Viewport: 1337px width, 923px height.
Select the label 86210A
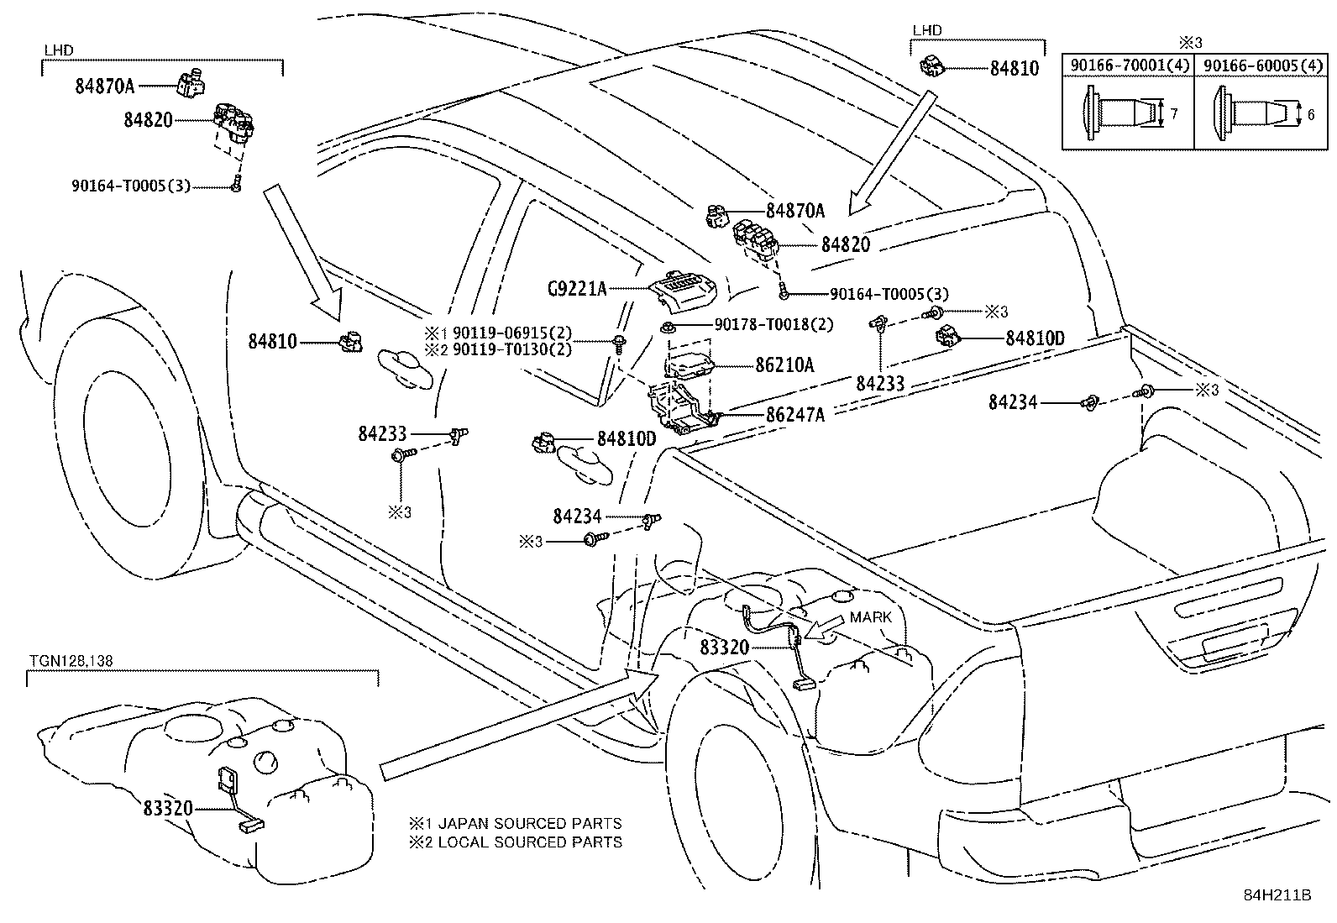[784, 365]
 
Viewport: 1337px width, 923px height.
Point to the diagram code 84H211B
[1277, 895]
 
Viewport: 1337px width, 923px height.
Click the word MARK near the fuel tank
[870, 617]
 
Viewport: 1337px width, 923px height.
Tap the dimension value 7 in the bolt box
[1173, 113]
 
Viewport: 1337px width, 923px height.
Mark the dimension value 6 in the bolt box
[1311, 113]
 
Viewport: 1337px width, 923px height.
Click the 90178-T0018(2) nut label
[773, 324]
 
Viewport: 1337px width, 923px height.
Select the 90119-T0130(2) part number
[511, 349]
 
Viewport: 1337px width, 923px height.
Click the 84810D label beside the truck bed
[1035, 338]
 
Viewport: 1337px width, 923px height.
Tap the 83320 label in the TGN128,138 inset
[168, 809]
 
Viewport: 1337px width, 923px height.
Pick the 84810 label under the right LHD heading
[1014, 69]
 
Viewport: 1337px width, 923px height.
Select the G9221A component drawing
[684, 290]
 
